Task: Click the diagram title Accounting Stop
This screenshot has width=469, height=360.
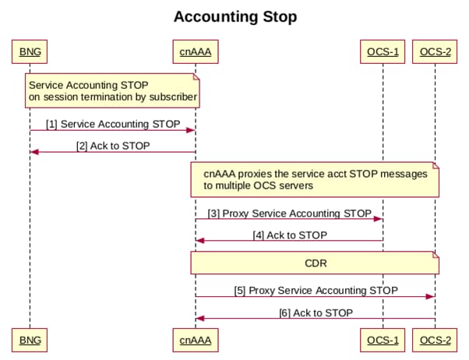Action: [x=235, y=16]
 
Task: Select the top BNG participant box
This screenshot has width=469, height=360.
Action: [x=30, y=52]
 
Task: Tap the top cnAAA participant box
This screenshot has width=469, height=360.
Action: [x=195, y=52]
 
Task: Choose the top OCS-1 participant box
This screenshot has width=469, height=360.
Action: [x=383, y=52]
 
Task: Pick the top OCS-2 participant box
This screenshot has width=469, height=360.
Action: [x=435, y=52]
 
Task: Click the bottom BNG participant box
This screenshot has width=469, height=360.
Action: [x=30, y=340]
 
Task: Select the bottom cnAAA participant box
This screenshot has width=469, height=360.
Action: [x=195, y=340]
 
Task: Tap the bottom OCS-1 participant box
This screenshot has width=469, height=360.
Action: [x=383, y=340]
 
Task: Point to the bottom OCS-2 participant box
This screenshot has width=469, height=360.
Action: [x=435, y=340]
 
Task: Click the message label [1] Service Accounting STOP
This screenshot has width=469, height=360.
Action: [x=113, y=124]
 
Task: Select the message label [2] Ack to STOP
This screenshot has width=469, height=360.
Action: [x=113, y=146]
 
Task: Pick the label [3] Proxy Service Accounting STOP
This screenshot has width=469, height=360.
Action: [x=289, y=213]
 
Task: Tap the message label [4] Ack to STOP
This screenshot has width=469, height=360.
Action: [x=289, y=235]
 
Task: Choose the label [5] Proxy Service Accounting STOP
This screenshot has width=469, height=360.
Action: [x=316, y=290]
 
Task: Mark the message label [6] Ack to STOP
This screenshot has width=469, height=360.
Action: [x=316, y=312]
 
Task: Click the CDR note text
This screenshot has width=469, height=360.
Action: [x=315, y=263]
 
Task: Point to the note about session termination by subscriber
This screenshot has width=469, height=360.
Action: [x=112, y=90]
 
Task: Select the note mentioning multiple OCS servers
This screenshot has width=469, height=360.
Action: [x=316, y=179]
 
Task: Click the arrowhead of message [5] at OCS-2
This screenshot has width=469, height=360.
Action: [x=431, y=296]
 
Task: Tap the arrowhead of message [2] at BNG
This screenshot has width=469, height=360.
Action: [x=34, y=152]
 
